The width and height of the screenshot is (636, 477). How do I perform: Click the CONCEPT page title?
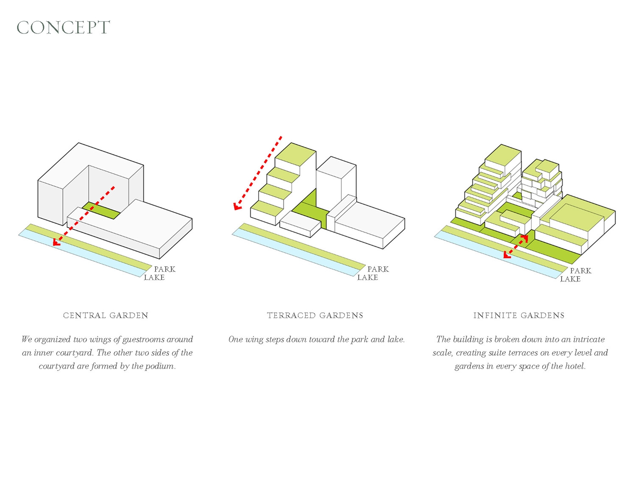point(64,28)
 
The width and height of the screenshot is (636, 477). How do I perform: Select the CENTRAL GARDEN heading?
point(106,315)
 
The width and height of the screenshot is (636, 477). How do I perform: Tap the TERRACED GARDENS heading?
point(315,315)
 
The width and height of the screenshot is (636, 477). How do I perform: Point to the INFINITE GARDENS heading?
point(519,315)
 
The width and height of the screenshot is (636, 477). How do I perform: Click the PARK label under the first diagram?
point(165,269)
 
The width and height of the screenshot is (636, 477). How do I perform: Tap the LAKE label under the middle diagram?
point(367,278)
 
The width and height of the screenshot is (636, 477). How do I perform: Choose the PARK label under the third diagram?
point(580,271)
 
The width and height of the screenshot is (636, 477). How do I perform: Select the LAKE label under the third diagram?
point(570,279)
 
